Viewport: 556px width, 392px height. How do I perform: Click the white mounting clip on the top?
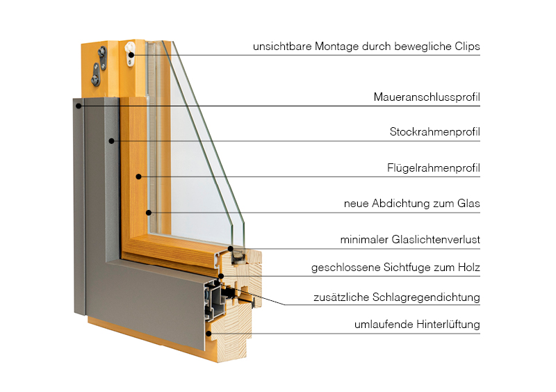[x=130, y=56]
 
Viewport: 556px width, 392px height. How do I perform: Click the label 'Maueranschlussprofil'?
[x=427, y=97]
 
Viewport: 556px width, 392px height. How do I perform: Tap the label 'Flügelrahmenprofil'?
[x=434, y=168]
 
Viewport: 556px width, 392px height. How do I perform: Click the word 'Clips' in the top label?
[x=466, y=47]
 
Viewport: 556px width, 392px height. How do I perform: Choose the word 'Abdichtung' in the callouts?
[x=404, y=204]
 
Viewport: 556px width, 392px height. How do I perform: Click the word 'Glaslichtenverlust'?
[x=438, y=240]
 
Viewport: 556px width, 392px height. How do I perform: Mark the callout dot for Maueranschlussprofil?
[x=81, y=106]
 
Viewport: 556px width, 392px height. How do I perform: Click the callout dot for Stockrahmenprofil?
[x=111, y=141]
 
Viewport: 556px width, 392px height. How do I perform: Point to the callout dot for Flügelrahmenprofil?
[x=139, y=177]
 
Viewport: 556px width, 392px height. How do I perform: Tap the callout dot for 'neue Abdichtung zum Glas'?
[x=149, y=212]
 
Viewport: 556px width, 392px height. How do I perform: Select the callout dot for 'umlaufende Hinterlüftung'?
[x=209, y=333]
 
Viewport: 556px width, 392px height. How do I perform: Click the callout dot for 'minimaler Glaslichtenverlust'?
[x=231, y=248]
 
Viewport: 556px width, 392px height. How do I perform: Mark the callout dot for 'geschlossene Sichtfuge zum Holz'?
[x=221, y=276]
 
